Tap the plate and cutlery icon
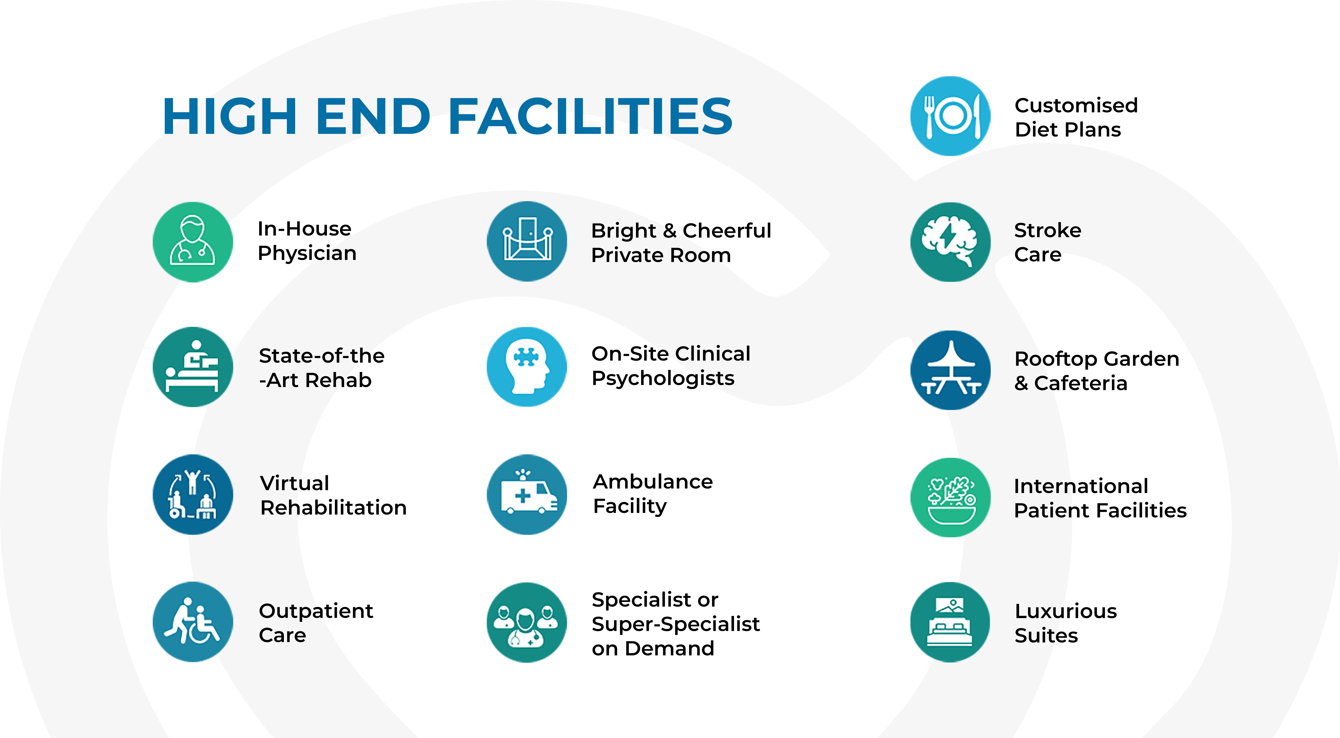950,116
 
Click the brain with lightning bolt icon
950,242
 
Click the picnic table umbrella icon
950,370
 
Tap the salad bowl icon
950,498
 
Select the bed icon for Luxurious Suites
950,622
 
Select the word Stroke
1048,230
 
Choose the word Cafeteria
1081,383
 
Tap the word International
1081,486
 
